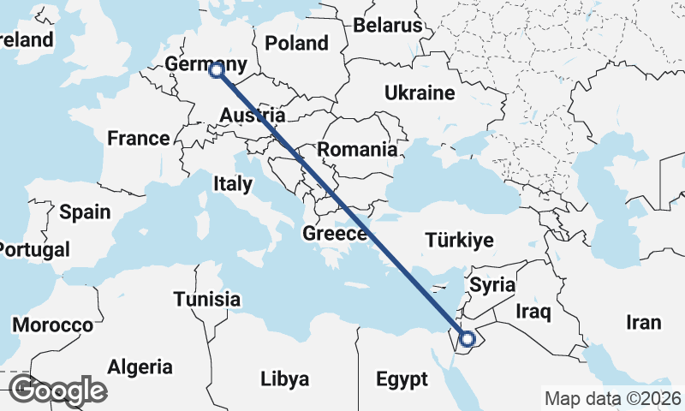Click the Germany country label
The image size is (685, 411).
click(205, 64)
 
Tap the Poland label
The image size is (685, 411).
click(296, 43)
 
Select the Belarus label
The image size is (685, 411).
click(388, 25)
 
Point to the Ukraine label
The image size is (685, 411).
click(418, 92)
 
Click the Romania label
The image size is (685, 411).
click(357, 150)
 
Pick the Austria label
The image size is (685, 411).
click(252, 116)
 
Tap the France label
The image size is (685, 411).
click(138, 138)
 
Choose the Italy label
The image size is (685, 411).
click(233, 183)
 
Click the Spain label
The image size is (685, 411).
click(85, 211)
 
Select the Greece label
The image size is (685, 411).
click(336, 233)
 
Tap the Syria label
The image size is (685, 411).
click(492, 284)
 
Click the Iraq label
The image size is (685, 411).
click(532, 313)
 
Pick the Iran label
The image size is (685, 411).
click(644, 322)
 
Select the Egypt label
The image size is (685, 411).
click(402, 378)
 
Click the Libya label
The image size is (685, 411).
click(284, 378)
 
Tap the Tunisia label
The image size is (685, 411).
click(206, 300)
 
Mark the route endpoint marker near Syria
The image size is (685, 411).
click(468, 340)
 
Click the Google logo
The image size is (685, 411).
click(57, 390)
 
